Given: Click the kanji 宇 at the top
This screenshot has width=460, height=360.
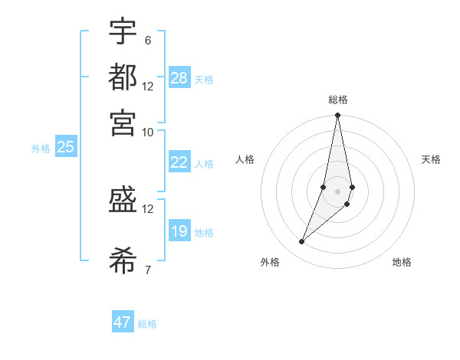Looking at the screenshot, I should pos(123,32).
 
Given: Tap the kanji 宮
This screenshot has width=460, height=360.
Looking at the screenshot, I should pos(123,122).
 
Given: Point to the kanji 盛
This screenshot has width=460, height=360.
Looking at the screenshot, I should pos(123,201).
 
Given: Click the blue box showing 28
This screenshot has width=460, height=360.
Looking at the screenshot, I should pos(179,78).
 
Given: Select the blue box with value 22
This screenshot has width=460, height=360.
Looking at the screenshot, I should pos(179,162).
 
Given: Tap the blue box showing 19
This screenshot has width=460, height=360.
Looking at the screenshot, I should pos(179,231).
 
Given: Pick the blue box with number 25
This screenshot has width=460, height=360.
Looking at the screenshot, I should pos(65,147).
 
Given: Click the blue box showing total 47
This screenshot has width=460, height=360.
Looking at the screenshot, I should pos(123,322).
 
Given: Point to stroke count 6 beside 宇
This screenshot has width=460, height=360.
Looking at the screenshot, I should pos(147,40).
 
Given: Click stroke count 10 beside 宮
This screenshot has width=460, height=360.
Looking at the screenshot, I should pos(147,132).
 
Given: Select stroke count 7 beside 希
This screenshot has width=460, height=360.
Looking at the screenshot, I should pos(147,270).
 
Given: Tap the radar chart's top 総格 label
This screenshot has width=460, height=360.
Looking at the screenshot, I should pos(337,100).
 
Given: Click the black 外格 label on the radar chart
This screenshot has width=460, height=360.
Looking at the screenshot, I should pos(270,262).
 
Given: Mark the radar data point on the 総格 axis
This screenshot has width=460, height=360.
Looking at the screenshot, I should pos(337,116).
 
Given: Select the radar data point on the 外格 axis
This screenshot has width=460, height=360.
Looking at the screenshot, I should pos(301,242).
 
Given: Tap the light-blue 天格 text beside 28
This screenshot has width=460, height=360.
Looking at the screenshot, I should pos(204,80).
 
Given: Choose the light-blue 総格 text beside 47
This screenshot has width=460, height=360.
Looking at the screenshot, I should pos(147,324).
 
